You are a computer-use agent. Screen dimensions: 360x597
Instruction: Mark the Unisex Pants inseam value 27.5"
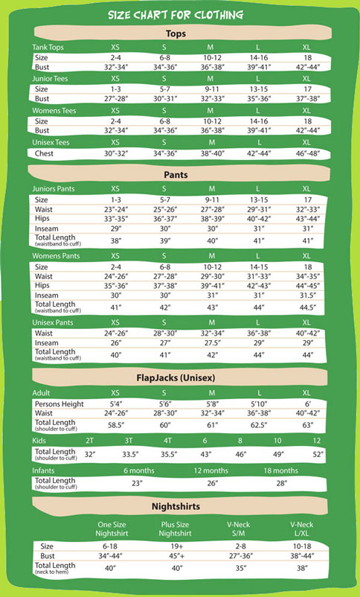(212, 344)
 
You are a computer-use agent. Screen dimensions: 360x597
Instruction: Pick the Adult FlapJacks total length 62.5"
(259, 425)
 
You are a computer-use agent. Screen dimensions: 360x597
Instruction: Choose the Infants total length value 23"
(137, 483)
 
